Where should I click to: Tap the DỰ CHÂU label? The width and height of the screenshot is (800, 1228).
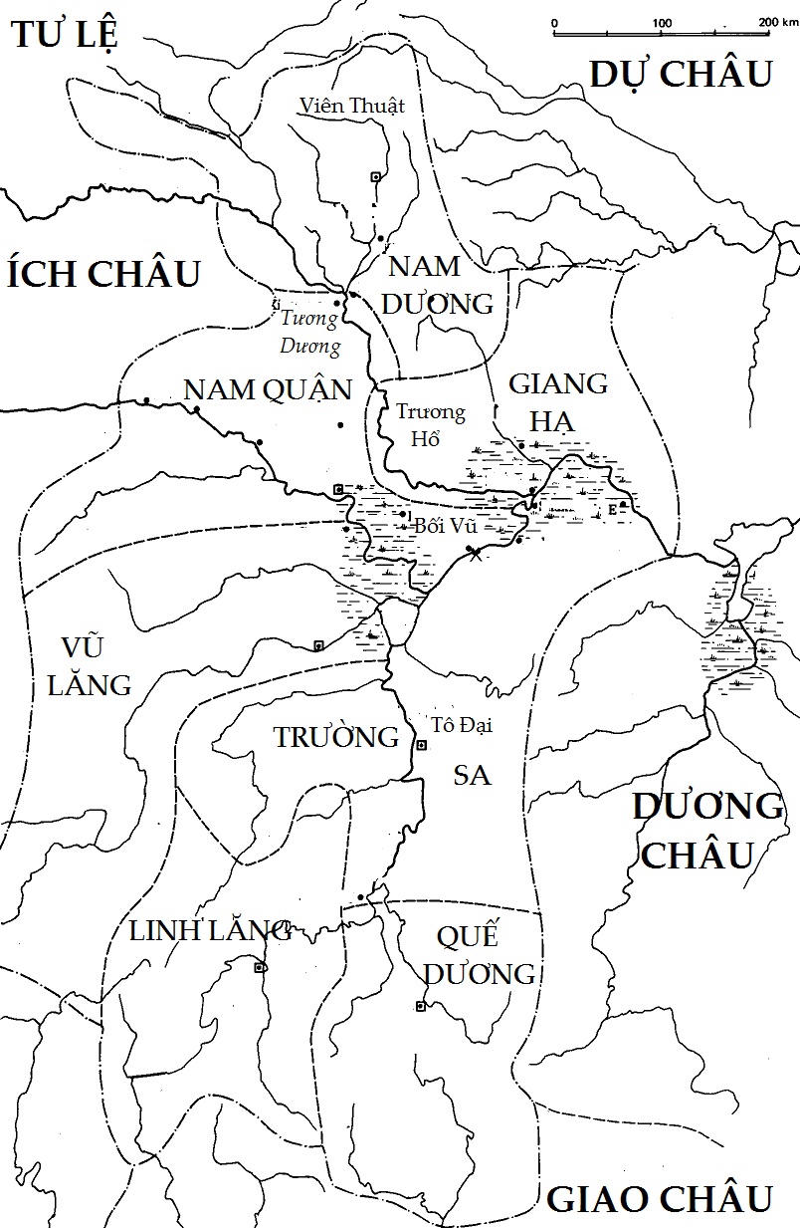pyautogui.click(x=682, y=74)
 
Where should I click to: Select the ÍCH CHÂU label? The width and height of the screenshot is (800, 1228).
pyautogui.click(x=103, y=274)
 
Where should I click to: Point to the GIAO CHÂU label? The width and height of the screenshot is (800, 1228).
pyautogui.click(x=660, y=1198)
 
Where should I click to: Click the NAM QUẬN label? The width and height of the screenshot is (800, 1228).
pyautogui.click(x=269, y=389)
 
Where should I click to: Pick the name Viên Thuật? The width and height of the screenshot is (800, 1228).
pyautogui.click(x=352, y=106)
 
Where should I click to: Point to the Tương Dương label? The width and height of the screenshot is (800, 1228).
pyautogui.click(x=310, y=333)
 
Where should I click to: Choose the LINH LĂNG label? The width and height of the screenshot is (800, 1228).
pyautogui.click(x=210, y=931)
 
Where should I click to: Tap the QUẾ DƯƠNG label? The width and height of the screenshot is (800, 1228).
pyautogui.click(x=481, y=955)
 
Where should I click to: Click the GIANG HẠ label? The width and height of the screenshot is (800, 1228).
pyautogui.click(x=557, y=402)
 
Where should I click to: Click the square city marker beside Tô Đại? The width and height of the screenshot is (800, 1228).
pyautogui.click(x=421, y=745)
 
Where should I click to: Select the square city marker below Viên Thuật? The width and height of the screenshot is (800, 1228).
pyautogui.click(x=375, y=176)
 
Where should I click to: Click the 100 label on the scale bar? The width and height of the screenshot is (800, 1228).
pyautogui.click(x=662, y=22)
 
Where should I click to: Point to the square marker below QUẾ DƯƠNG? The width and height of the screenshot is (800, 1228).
pyautogui.click(x=420, y=1006)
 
